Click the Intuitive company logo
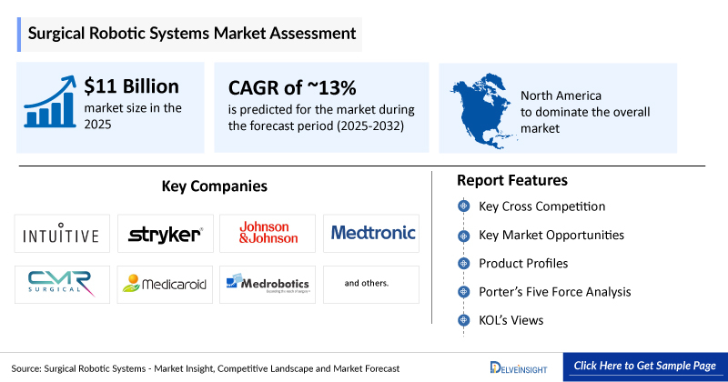point(63,234)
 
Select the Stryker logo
point(165,234)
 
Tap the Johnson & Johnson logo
point(268,233)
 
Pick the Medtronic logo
point(372,233)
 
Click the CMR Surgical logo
point(63,284)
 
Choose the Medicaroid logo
point(165,284)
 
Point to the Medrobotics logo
point(268,283)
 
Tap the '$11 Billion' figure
point(132,87)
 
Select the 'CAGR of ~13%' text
point(286,87)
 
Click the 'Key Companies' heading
point(215,186)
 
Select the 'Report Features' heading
point(512,180)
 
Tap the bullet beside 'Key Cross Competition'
point(464,206)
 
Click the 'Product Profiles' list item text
point(524,264)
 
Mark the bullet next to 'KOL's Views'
point(464,321)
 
